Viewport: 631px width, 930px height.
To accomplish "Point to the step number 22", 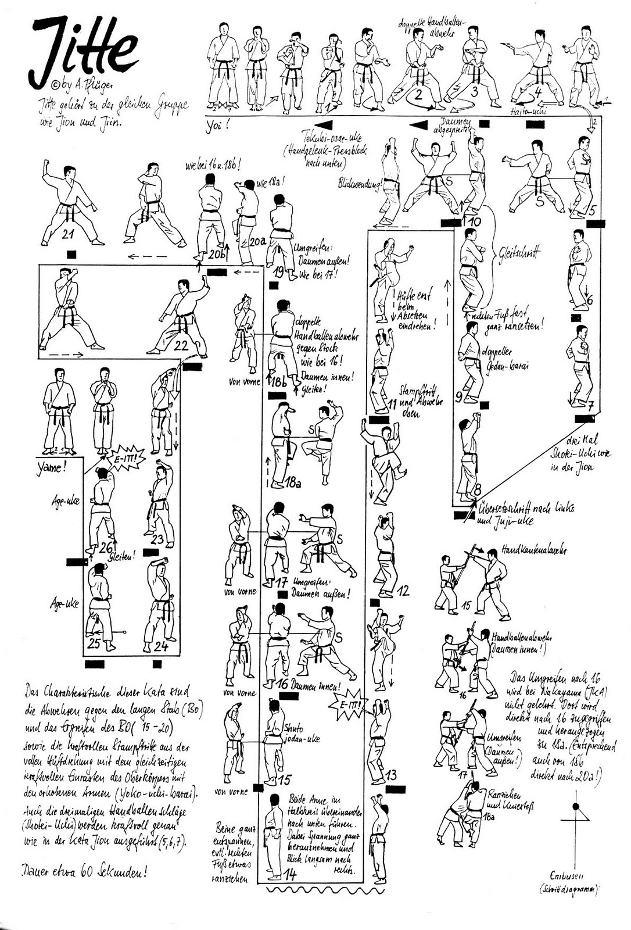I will click(x=181, y=345).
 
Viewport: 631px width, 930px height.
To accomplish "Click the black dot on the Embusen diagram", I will click(x=576, y=807).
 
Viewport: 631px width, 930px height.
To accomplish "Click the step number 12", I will click(x=402, y=591).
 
